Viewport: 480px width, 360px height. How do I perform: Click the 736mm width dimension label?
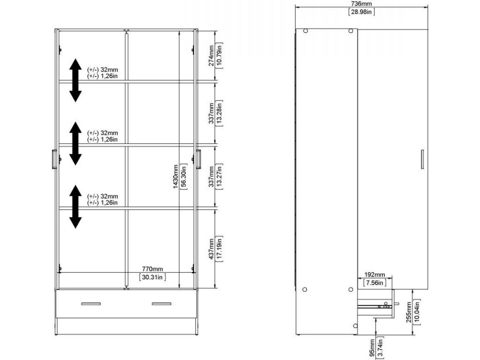pos(361,4)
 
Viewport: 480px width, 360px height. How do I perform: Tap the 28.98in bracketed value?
pos(361,12)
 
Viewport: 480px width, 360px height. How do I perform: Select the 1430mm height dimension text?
pos(175,176)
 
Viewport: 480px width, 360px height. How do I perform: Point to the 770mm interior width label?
pos(152,269)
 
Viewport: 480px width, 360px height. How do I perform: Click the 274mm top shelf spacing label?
pos(211,56)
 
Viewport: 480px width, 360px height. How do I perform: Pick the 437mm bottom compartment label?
pos(211,249)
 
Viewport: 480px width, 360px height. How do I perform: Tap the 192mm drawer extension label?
pos(375,275)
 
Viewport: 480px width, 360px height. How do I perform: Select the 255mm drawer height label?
pos(408,312)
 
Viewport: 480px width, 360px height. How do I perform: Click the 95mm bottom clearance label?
pos(372,348)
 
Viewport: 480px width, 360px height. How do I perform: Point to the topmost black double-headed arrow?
pos(75,80)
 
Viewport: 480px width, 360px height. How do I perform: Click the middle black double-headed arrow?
pos(75,143)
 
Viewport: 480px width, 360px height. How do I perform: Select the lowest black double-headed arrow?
pos(75,207)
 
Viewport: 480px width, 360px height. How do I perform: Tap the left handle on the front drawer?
pos(91,304)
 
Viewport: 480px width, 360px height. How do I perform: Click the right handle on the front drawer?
pos(162,304)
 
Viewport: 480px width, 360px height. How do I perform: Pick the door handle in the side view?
pos(422,159)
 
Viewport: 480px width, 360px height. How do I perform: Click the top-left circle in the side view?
pos(305,30)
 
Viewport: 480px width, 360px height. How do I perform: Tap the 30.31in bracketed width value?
pos(152,277)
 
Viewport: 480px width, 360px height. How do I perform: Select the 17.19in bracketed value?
pos(219,249)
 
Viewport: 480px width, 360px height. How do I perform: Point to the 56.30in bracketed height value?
pos(184,176)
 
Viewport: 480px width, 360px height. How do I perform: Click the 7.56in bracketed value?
pos(375,283)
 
